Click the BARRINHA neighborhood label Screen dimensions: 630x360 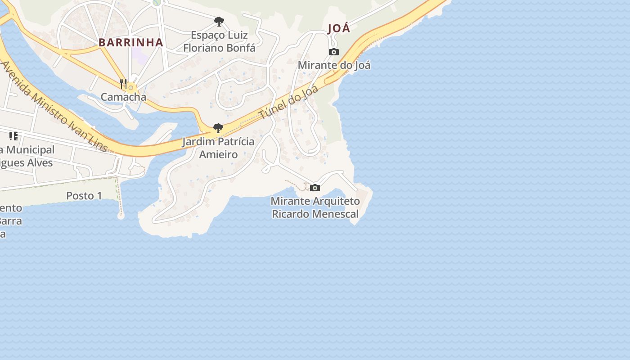click(x=130, y=42)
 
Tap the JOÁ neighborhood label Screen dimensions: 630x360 click(x=339, y=28)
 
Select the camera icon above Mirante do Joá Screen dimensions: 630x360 click(x=333, y=52)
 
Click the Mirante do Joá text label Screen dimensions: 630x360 click(x=334, y=65)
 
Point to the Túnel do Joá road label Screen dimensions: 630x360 click(x=289, y=102)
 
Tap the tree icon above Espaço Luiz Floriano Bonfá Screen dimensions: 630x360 click(x=219, y=22)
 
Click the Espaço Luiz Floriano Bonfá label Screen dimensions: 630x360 click(x=219, y=41)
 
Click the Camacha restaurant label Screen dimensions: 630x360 click(x=123, y=97)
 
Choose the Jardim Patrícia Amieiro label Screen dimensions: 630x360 click(x=218, y=148)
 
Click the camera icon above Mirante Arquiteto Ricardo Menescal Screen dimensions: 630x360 click(x=315, y=188)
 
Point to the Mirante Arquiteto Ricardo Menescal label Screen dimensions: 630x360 click(x=315, y=207)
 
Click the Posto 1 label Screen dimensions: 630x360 click(x=84, y=196)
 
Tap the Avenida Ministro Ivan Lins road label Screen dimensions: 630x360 click(x=54, y=107)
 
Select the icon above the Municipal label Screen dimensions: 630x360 click(x=13, y=136)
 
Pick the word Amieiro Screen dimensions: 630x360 click(x=218, y=155)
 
